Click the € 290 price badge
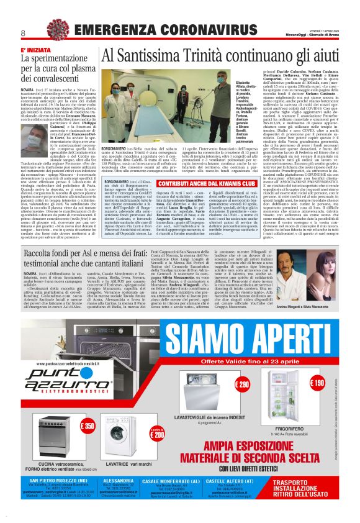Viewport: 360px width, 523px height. click(242, 386)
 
